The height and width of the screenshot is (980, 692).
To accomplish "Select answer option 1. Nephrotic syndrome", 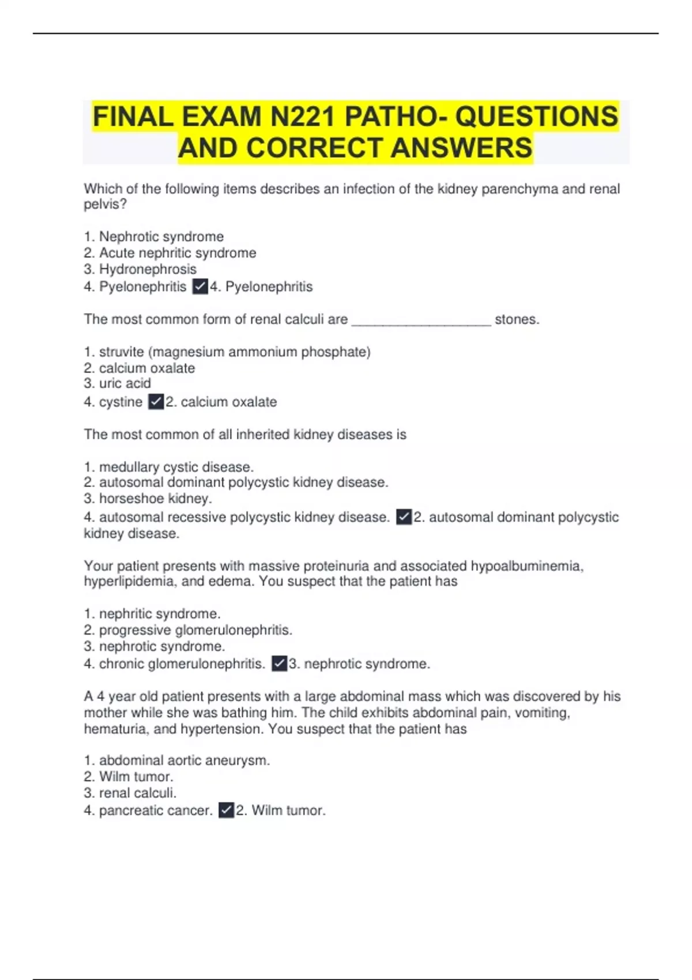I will pos(154,236).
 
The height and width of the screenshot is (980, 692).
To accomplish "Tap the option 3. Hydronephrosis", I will pos(140,269).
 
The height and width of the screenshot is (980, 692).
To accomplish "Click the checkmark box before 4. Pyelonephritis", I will pos(200,287).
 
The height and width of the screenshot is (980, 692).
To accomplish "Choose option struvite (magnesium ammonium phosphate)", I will pos(227,352).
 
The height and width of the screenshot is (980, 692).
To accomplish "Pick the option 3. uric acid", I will pos(118,383).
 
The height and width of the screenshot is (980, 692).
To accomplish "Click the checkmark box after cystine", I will pos(156,402).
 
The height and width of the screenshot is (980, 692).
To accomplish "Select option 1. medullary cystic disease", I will pos(169,467).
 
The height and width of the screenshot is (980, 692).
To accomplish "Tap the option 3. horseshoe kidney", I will pos(148,499).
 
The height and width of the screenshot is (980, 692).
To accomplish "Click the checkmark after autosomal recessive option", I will pos(404,517).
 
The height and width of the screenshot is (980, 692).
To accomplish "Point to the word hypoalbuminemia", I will pos(526,566).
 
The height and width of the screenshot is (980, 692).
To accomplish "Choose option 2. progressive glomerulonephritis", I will pos(188,630).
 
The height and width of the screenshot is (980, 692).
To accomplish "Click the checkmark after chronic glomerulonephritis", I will pos(279,664).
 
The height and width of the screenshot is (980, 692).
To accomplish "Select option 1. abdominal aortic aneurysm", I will pos(177,760).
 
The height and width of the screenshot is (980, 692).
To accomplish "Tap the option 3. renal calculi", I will pos(130,793).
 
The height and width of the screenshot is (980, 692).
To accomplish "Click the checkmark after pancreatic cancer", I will pos(227,810).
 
